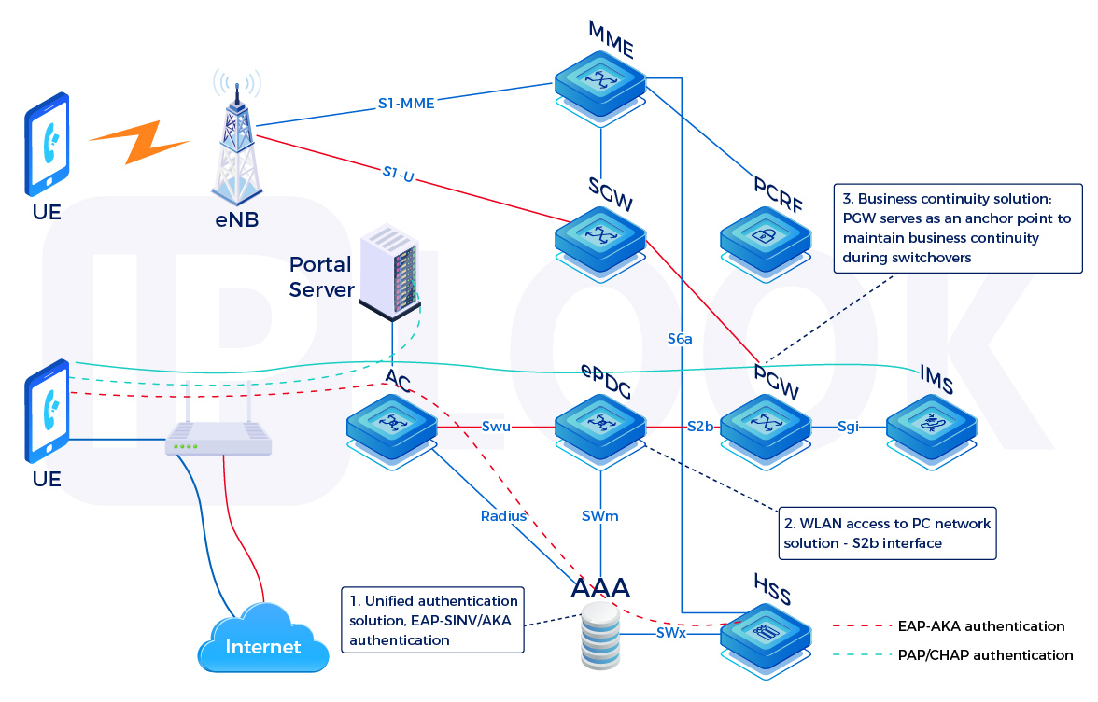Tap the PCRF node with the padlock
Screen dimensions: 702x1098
pyautogui.click(x=765, y=238)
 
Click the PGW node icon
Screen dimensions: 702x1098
pyautogui.click(x=765, y=425)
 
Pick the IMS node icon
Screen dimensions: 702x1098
pyautogui.click(x=930, y=425)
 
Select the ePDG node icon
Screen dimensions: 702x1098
pyautogui.click(x=600, y=425)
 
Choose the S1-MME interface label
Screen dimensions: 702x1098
pyautogui.click(x=406, y=104)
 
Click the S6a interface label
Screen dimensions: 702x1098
pyautogui.click(x=681, y=338)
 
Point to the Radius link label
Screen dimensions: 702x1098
pyautogui.click(x=504, y=514)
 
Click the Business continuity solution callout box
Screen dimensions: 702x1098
pyautogui.click(x=957, y=227)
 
